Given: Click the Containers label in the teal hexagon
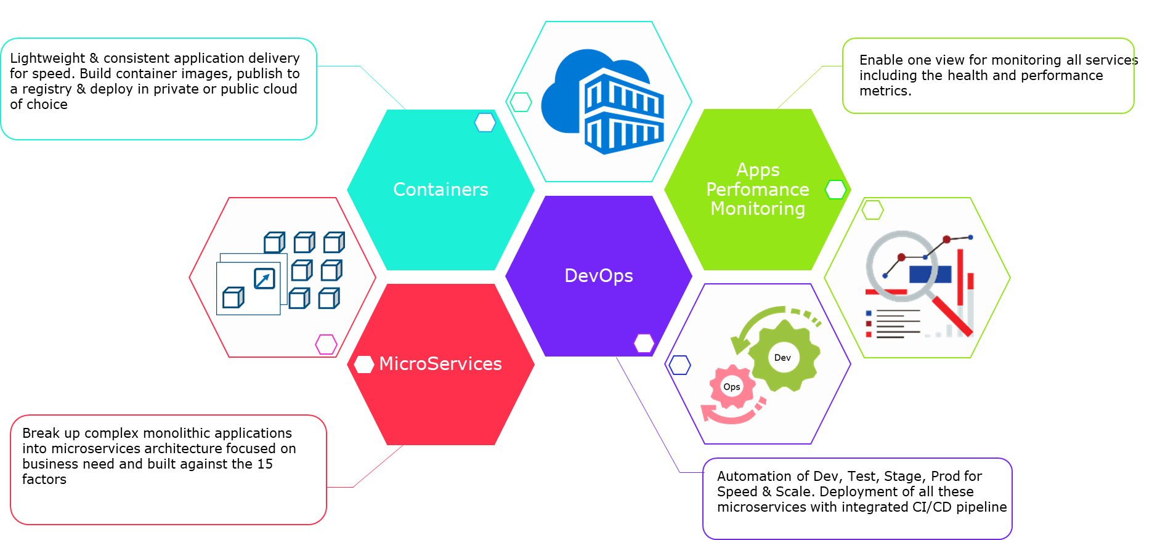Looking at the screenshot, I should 440,190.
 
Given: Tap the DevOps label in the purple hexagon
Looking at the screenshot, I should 599,276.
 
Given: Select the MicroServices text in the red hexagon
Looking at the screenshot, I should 440,364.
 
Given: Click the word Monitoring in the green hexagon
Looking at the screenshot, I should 758,209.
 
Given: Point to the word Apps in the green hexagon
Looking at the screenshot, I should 758,170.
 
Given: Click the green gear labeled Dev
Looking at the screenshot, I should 784,357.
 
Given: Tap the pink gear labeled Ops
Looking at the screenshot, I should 732,387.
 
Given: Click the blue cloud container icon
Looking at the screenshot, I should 602,102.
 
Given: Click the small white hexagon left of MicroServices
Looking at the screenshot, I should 364,365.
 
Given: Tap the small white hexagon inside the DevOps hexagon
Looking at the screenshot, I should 644,343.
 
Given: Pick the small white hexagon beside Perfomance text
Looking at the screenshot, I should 835,190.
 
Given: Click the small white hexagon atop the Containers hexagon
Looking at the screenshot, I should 485,123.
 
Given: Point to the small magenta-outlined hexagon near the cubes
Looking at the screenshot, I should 326,344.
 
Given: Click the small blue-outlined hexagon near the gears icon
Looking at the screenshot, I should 679,365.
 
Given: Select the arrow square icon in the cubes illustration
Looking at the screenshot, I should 264,278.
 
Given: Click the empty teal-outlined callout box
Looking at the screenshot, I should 159,89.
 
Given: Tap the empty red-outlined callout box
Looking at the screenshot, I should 168,470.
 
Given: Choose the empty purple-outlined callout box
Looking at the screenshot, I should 857,498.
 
